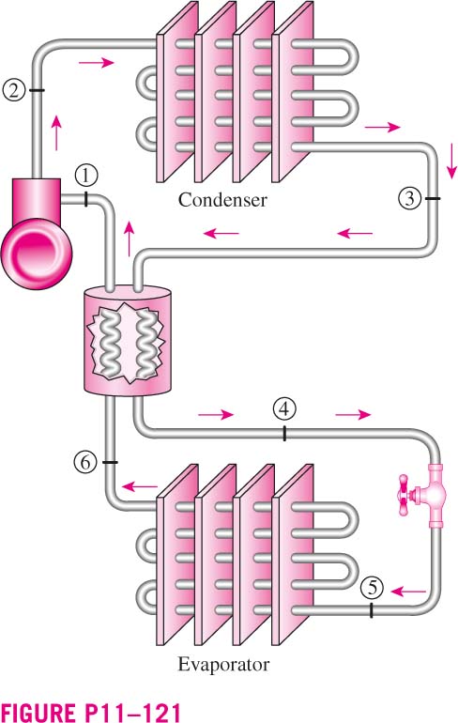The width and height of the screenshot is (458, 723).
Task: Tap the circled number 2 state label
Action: (x=13, y=90)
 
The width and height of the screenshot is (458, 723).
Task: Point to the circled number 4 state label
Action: (x=283, y=408)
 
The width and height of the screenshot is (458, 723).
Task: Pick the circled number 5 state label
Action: (x=372, y=588)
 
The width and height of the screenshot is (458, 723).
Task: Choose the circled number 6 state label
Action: (x=85, y=462)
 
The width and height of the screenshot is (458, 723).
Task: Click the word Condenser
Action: (x=222, y=200)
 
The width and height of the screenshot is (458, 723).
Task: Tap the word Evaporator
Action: (x=223, y=665)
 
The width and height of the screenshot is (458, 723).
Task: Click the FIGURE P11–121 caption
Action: (x=91, y=711)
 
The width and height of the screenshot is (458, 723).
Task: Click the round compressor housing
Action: (x=37, y=253)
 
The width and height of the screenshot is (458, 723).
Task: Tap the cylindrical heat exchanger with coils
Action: (x=128, y=340)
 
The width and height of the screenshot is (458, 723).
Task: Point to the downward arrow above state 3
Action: (x=452, y=161)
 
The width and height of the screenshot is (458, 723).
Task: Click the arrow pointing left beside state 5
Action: (x=408, y=591)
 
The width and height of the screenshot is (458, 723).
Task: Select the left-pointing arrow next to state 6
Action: (x=140, y=486)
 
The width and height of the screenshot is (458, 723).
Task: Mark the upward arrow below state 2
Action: (x=56, y=132)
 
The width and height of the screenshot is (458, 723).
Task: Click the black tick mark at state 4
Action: (x=284, y=434)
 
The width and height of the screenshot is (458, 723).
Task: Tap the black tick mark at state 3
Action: (x=433, y=198)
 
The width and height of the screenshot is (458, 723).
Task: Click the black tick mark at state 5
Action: (x=372, y=609)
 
